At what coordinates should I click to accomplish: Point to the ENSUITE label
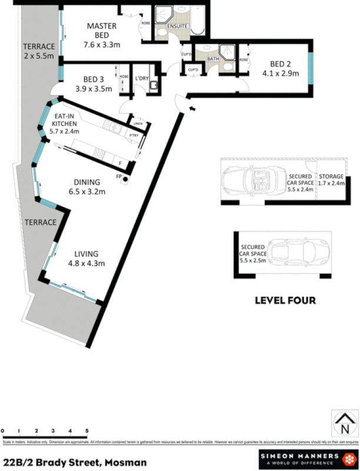coord(177,26)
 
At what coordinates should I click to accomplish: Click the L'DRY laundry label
coord(142,78)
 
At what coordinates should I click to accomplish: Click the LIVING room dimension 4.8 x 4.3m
coord(87,263)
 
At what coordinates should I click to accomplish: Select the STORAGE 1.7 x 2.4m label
coord(331,180)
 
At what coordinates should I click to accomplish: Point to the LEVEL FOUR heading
coord(285,300)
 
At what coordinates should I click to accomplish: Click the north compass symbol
coord(344,423)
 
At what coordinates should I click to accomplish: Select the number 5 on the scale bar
coord(87,431)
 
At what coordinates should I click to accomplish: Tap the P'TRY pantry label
coord(134,134)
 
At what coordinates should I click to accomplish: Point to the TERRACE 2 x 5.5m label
coord(38,51)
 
